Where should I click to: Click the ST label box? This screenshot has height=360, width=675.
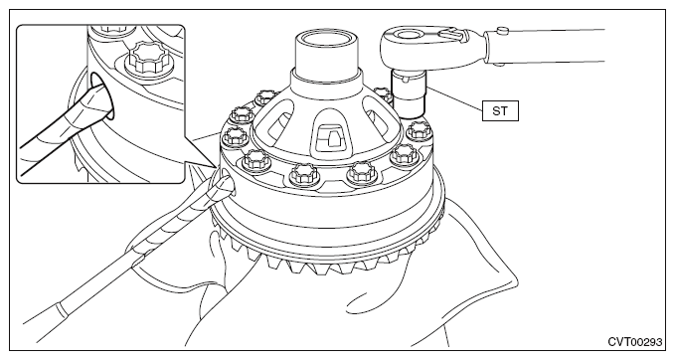(x=500, y=111)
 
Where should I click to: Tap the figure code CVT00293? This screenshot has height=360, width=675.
(x=634, y=342)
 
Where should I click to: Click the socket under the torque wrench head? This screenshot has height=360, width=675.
(x=408, y=93)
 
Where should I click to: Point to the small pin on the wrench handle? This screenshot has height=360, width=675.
(x=502, y=30)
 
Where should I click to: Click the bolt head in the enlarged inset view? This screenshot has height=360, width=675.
(x=146, y=59)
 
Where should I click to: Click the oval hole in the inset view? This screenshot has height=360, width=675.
(x=103, y=95)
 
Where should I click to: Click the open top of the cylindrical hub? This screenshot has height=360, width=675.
(x=326, y=42)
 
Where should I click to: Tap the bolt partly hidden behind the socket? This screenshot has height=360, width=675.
(x=383, y=94)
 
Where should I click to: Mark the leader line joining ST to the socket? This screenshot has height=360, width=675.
(x=453, y=99)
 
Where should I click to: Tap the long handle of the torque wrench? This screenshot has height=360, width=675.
(x=547, y=46)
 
